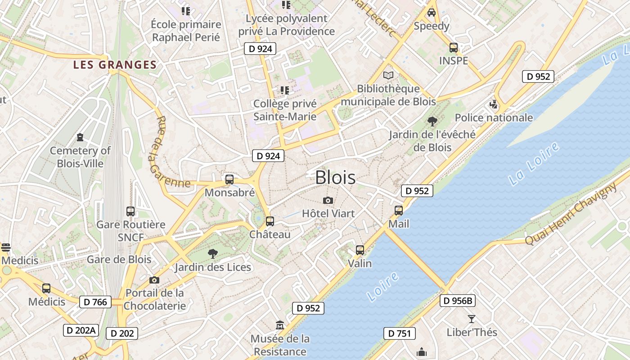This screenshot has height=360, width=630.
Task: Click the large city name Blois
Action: [x=335, y=177]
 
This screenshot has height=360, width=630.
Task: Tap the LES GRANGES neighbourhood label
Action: [x=115, y=65]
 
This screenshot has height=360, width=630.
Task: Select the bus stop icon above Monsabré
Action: [x=229, y=180]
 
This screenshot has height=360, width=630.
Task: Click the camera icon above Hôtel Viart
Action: [x=328, y=200]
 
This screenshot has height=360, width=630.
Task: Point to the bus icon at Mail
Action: [x=399, y=210]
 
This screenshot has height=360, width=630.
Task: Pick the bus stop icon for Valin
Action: [x=360, y=250]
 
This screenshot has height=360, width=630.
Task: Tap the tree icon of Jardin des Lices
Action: [x=212, y=254]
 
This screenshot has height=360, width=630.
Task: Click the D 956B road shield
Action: [x=458, y=301]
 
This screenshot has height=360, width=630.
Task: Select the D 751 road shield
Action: [x=399, y=333]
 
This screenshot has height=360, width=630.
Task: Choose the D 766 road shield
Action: [x=95, y=302]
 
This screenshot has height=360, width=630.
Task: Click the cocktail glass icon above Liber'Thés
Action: [x=471, y=319]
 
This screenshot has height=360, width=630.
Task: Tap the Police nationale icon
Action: [x=494, y=105]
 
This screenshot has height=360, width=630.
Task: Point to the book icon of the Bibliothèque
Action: [x=388, y=75]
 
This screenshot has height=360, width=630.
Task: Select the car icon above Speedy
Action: [x=432, y=13]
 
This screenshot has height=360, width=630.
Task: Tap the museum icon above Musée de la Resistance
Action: [x=280, y=325]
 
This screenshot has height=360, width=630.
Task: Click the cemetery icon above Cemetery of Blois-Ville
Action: [x=80, y=137]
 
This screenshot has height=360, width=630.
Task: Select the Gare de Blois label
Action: [x=119, y=260]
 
